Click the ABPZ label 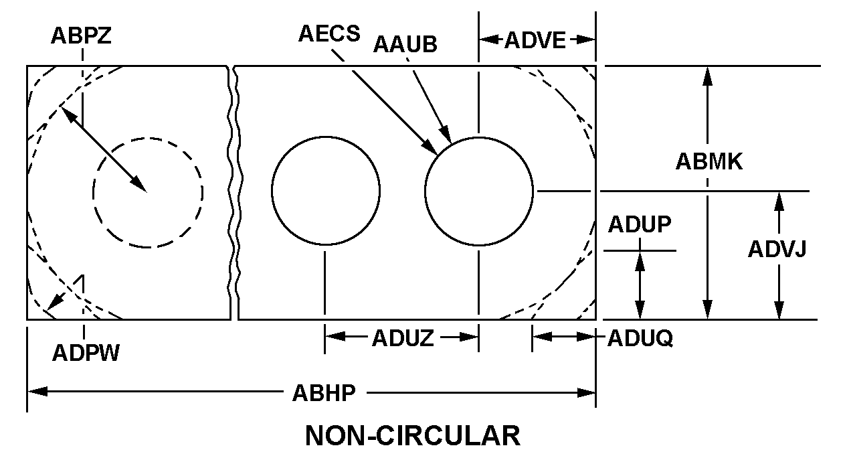tap(81, 36)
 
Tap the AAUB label tap(405, 45)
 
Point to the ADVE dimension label tap(535, 40)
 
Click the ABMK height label tap(709, 161)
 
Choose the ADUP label tap(639, 225)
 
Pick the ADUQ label tap(640, 339)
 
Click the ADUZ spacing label tap(402, 339)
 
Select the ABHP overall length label tap(324, 393)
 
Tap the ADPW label tap(86, 352)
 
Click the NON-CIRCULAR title tap(413, 436)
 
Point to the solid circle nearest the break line tap(326, 191)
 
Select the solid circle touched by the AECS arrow tap(479, 191)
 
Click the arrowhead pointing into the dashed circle tap(140, 185)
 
